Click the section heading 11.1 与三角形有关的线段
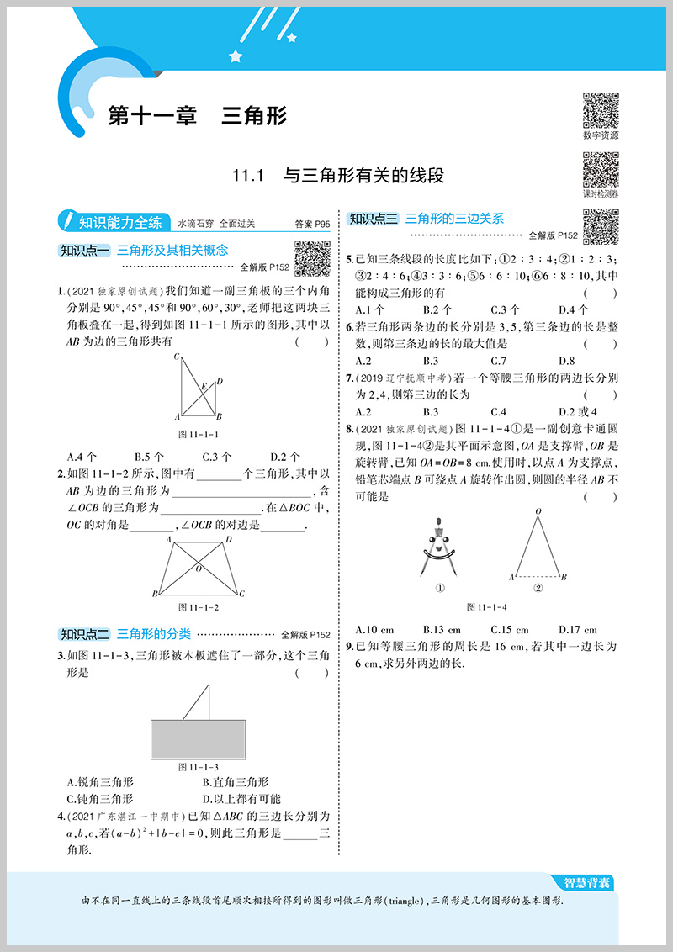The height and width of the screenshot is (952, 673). tap(338, 176)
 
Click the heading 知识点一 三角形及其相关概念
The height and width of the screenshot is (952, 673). tap(143, 251)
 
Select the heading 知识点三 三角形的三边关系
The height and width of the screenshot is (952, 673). tap(426, 219)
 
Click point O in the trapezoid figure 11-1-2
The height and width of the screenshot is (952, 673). tap(199, 569)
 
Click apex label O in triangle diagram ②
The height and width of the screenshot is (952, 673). tap(538, 511)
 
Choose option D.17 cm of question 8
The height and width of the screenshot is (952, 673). tap(577, 629)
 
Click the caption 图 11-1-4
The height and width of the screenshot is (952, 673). tap(488, 607)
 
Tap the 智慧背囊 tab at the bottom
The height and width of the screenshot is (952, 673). tap(586, 883)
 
